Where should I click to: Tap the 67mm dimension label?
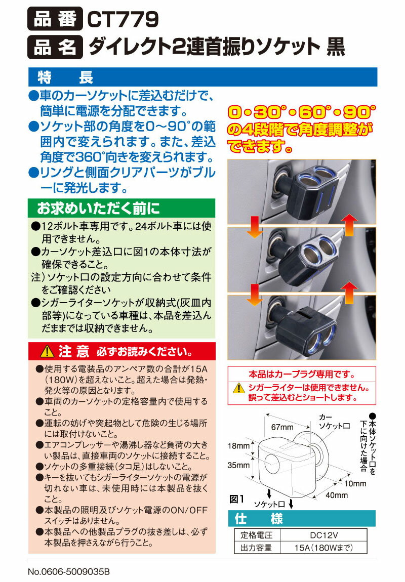point(282,427)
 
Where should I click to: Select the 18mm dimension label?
point(239,446)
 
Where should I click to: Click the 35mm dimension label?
point(239,465)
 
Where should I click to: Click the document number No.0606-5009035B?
point(69,572)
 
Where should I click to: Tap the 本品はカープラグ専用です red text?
point(302,375)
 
